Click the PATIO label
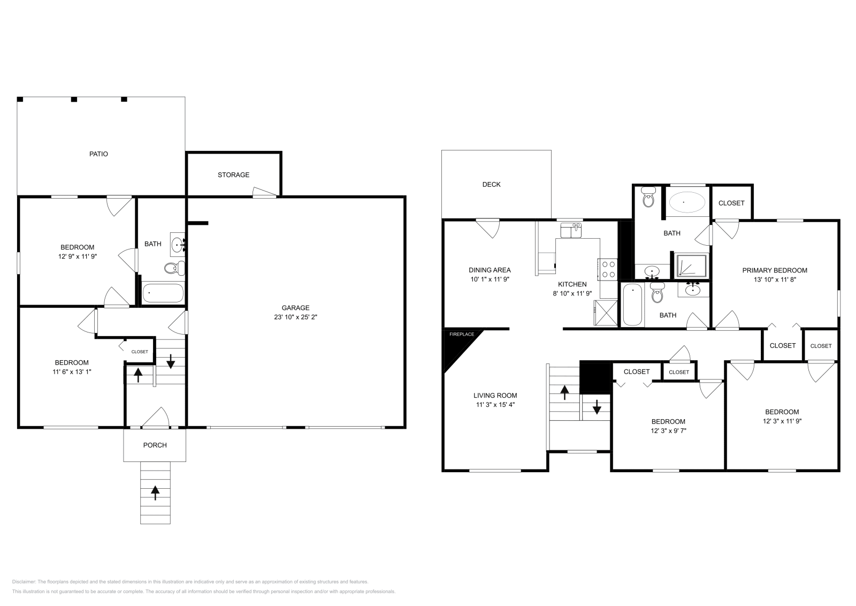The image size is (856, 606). [98, 154]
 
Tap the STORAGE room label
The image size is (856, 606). [233, 175]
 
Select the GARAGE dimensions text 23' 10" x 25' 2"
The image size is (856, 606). [295, 317]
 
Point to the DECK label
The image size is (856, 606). [492, 184]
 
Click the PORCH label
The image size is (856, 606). [155, 445]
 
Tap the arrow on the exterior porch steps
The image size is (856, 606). [155, 493]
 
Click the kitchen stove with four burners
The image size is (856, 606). [608, 269]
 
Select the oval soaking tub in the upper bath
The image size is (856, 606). [687, 202]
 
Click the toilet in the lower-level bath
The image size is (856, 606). [174, 268]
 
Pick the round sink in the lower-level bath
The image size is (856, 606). [177, 245]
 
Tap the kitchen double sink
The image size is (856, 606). [571, 231]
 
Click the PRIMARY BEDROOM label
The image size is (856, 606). [775, 270]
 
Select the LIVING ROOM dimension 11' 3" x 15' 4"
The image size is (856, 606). [495, 405]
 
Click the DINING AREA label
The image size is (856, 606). [490, 270]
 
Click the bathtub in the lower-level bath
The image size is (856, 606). [163, 293]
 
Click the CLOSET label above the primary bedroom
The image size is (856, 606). [731, 203]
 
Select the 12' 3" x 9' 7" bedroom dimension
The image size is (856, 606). [669, 430]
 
